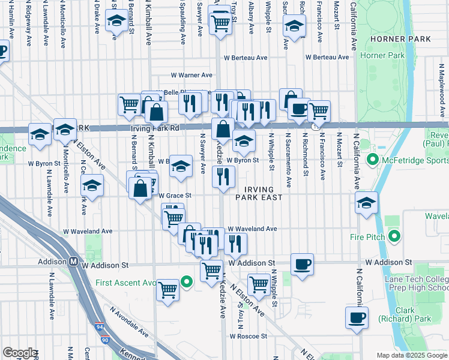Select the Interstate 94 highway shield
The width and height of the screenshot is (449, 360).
tap(99, 328)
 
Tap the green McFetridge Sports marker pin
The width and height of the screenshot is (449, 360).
tap(372, 160)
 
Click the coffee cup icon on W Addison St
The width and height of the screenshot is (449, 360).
tap(301, 263)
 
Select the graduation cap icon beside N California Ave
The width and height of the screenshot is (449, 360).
tap(366, 203)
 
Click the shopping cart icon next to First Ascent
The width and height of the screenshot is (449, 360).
tap(167, 290)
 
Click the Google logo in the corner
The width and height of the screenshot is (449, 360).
tap(19, 353)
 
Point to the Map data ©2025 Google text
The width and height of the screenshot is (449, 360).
tap(411, 355)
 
